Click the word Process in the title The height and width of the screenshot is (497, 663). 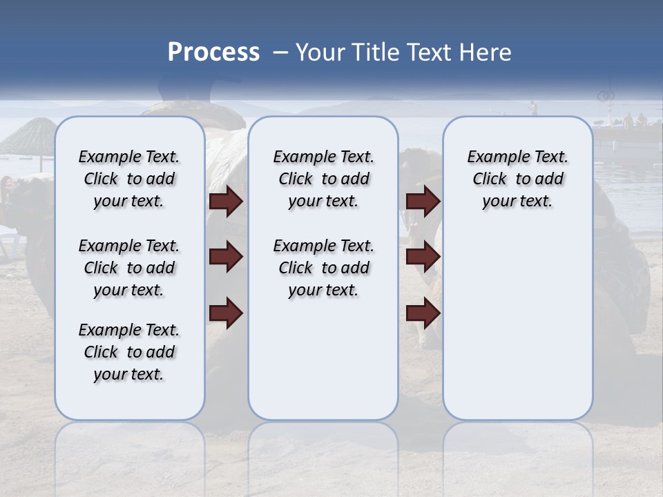(x=213, y=52)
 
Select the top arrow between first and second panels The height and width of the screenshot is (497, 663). (x=226, y=202)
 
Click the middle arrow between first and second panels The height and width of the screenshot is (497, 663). (x=226, y=257)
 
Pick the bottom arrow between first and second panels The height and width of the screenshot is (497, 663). (x=226, y=314)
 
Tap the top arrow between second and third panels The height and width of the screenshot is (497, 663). (x=423, y=202)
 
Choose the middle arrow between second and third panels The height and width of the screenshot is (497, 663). (x=423, y=257)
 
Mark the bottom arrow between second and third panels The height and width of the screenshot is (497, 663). (x=423, y=314)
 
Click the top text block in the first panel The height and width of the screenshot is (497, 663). (x=129, y=179)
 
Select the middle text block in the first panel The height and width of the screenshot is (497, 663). (x=129, y=268)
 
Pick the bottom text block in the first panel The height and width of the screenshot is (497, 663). (x=129, y=352)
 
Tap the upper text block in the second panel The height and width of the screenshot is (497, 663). (x=323, y=179)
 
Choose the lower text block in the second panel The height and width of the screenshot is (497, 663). (x=323, y=268)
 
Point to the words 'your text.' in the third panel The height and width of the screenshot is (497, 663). (x=517, y=202)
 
